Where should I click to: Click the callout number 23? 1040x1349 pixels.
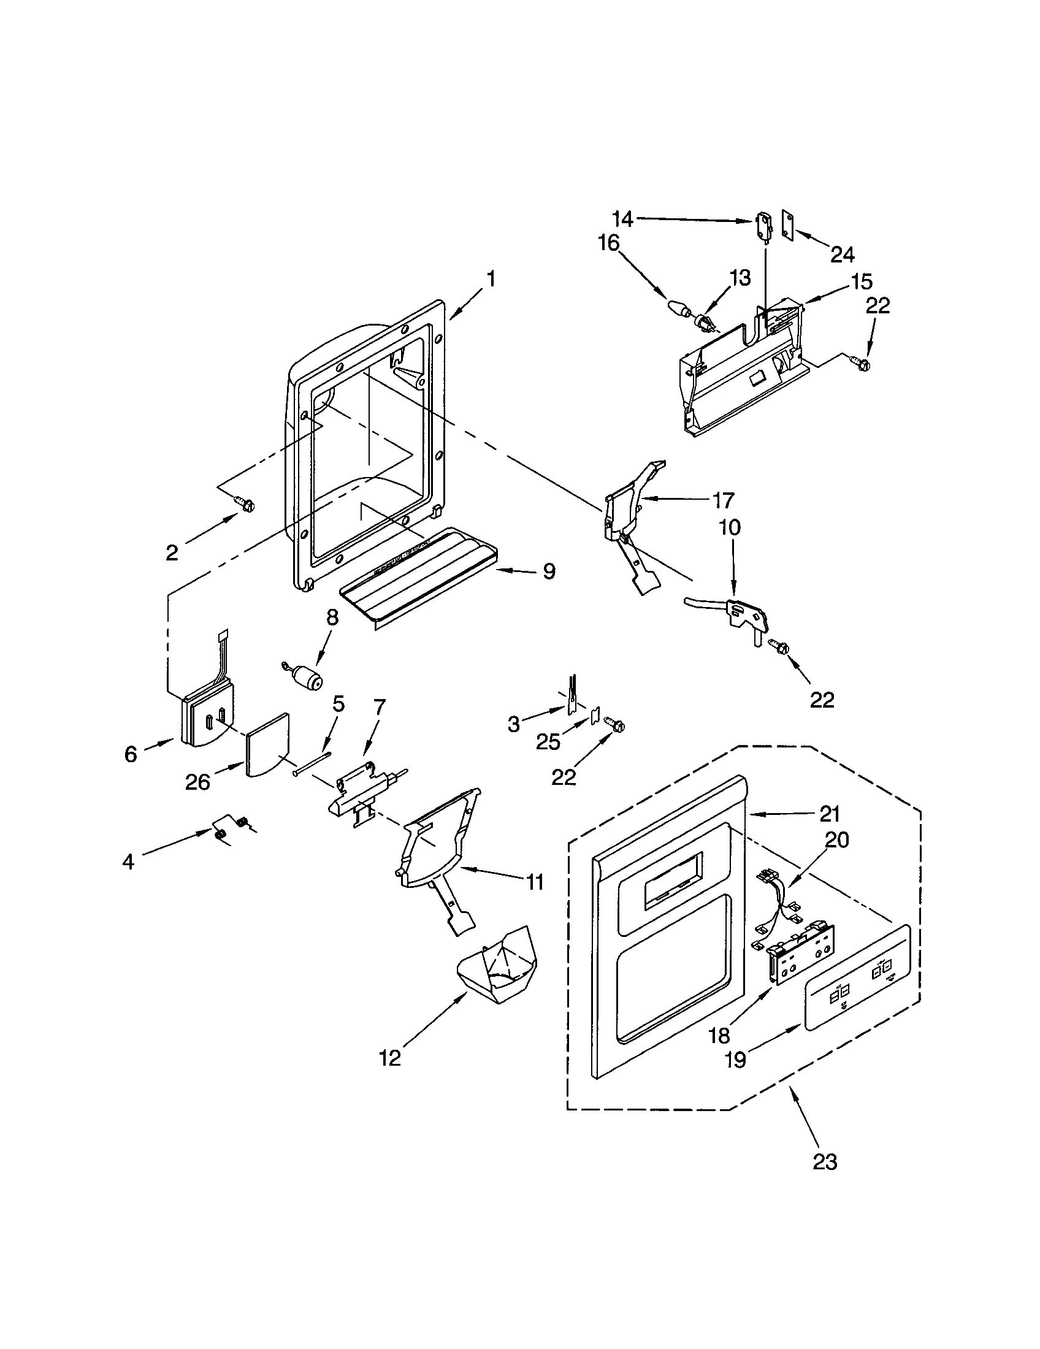tap(825, 1161)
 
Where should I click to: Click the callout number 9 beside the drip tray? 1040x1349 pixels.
tap(548, 571)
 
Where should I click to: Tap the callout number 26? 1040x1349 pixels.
tap(197, 782)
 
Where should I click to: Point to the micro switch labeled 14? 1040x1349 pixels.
tap(765, 226)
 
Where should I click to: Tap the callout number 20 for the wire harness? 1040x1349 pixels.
tap(837, 840)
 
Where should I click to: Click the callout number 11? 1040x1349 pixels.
tap(535, 882)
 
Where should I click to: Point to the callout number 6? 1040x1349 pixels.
tap(131, 754)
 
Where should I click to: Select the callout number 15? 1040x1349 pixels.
tap(861, 282)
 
